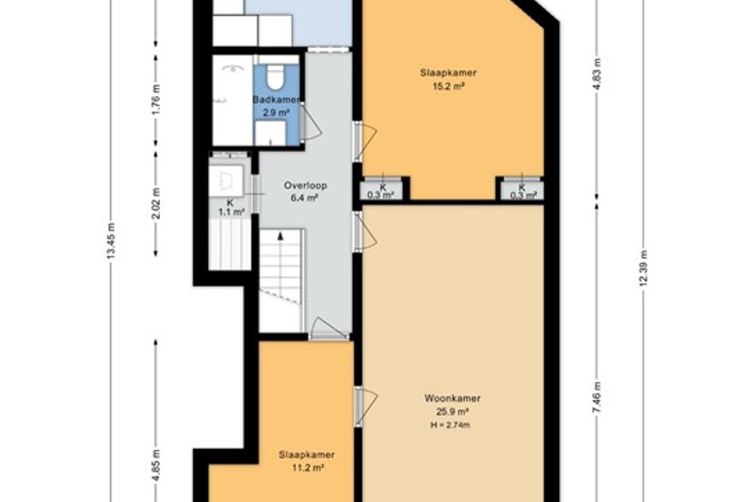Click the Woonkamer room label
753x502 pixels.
click(x=452, y=398)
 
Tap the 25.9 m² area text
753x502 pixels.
click(x=452, y=412)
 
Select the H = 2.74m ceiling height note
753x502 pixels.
click(x=451, y=425)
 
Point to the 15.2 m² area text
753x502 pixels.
click(x=449, y=87)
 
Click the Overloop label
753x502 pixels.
click(x=305, y=186)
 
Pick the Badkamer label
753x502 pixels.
click(x=276, y=100)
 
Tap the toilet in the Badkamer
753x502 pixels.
click(x=275, y=78)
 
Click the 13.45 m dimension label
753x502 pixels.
click(x=111, y=241)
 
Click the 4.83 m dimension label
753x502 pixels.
click(x=597, y=74)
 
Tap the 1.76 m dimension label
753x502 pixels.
click(x=156, y=99)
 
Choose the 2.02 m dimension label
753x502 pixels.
click(x=156, y=203)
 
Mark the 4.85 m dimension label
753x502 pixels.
click(x=156, y=466)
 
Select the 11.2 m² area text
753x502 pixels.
click(x=307, y=467)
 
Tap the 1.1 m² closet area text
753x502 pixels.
click(x=231, y=212)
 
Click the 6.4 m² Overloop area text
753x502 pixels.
click(x=304, y=198)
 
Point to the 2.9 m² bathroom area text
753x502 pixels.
click(x=276, y=113)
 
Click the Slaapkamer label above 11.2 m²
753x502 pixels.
click(x=307, y=455)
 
